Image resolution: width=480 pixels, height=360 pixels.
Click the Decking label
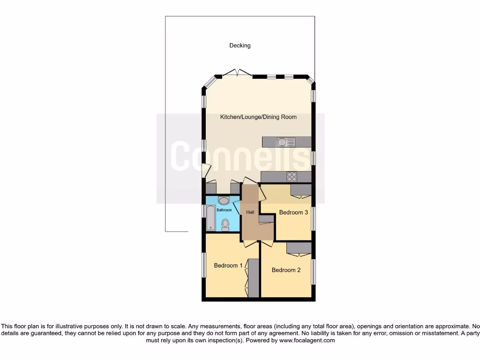(x=240, y=45)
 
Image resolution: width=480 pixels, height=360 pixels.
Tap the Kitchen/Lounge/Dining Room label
(x=258, y=117)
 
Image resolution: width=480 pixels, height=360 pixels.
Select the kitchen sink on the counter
(x=286, y=142)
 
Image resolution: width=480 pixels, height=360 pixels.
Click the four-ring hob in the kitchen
(x=292, y=177)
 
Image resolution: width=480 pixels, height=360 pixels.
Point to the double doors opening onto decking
(x=237, y=73)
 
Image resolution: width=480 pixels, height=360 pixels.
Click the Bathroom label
(x=224, y=210)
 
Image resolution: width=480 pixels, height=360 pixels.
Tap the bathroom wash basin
(x=224, y=201)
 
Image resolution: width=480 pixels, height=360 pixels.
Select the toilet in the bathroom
(x=225, y=224)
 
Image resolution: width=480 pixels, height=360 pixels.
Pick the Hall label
(x=250, y=212)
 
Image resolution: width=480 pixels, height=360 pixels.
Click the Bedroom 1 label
(x=228, y=265)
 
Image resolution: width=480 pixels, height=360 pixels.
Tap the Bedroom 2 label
(x=286, y=270)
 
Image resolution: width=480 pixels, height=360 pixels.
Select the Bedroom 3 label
(x=293, y=212)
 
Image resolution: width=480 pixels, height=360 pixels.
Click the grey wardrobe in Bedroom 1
(x=254, y=278)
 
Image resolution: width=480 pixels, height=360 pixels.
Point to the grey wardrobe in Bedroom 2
(x=299, y=247)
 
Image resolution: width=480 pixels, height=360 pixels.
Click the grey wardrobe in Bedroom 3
(x=300, y=189)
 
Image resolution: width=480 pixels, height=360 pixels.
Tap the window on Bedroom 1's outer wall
(x=204, y=265)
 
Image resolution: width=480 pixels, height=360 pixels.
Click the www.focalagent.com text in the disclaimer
(x=307, y=340)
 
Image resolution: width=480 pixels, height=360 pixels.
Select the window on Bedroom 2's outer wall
(x=313, y=271)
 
